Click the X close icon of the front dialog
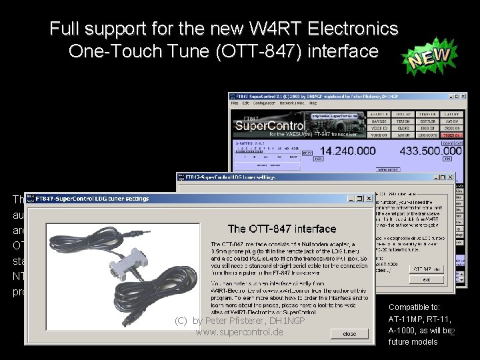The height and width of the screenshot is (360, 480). pyautogui.click(x=368, y=198)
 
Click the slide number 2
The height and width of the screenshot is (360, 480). pyautogui.click(x=452, y=333)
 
